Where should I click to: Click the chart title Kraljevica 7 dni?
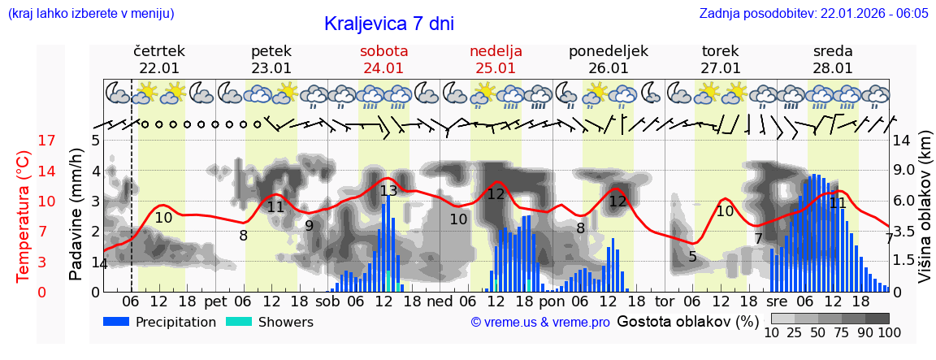pyautogui.click(x=388, y=24)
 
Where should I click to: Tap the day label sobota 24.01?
pyautogui.click(x=383, y=59)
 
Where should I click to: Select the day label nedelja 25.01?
pyautogui.click(x=496, y=59)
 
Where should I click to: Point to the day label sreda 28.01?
pyautogui.click(x=833, y=59)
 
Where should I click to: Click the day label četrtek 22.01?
pyautogui.click(x=159, y=59)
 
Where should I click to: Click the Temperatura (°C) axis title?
pyautogui.click(x=24, y=215)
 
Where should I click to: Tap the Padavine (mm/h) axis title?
pyautogui.click(x=76, y=215)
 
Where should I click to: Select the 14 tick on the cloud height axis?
pyautogui.click(x=901, y=141)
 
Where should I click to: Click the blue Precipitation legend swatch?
pyautogui.click(x=116, y=322)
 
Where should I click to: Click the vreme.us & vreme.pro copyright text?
pyautogui.click(x=540, y=323)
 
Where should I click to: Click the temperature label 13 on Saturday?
pyautogui.click(x=388, y=191)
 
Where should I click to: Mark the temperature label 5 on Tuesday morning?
pyautogui.click(x=692, y=257)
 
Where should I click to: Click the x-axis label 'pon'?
pyautogui.click(x=551, y=301)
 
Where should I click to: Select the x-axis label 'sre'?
pyautogui.click(x=776, y=301)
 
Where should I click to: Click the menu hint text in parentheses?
pyautogui.click(x=91, y=13)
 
